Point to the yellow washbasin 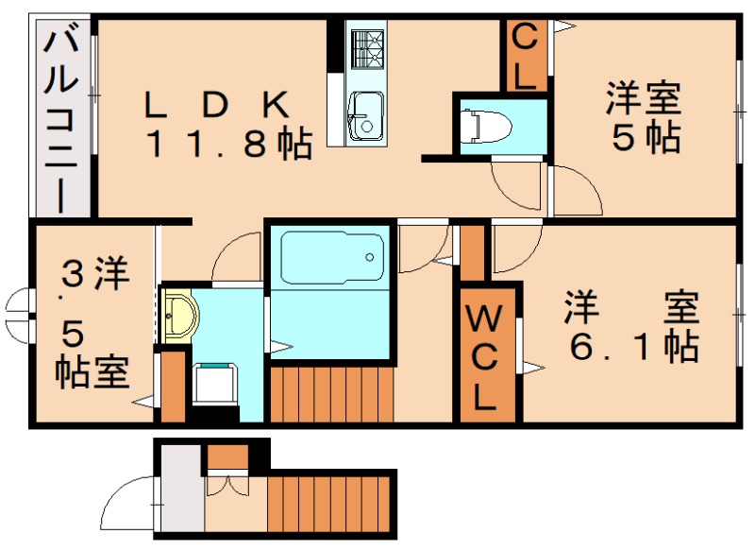[177, 313]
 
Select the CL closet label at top [525, 57]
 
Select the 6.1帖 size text [633, 346]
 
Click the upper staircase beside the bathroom [330, 393]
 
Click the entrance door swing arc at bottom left [132, 506]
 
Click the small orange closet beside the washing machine [172, 386]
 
